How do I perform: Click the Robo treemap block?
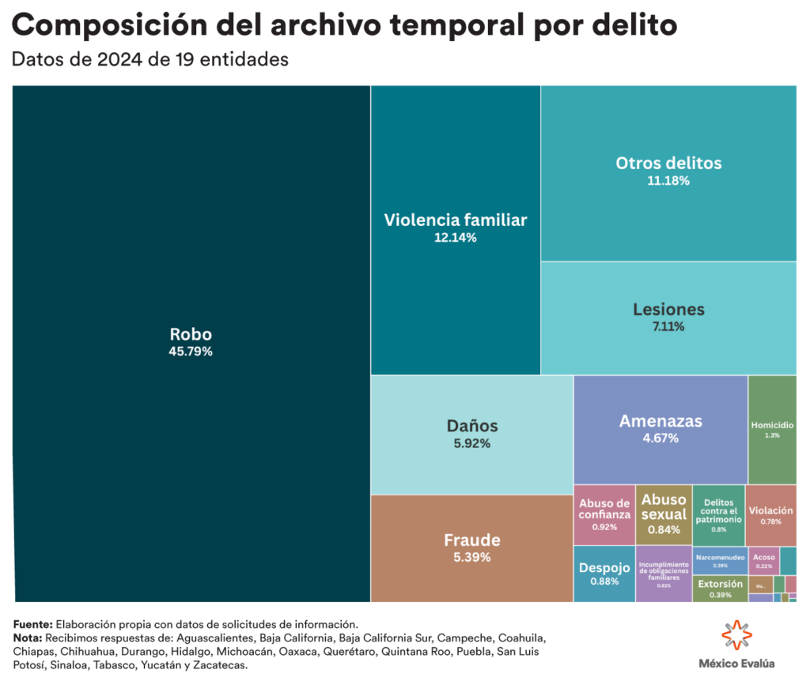pos(191,237)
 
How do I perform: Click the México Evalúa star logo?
pos(736,636)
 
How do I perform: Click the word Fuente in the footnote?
pos(32,623)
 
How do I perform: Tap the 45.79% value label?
pos(191,352)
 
